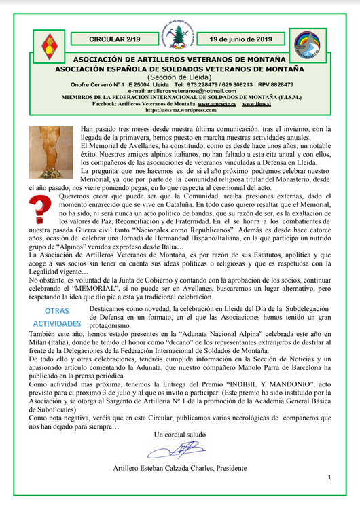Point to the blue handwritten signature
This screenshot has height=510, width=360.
point(179,450)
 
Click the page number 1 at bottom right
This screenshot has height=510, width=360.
point(328,478)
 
